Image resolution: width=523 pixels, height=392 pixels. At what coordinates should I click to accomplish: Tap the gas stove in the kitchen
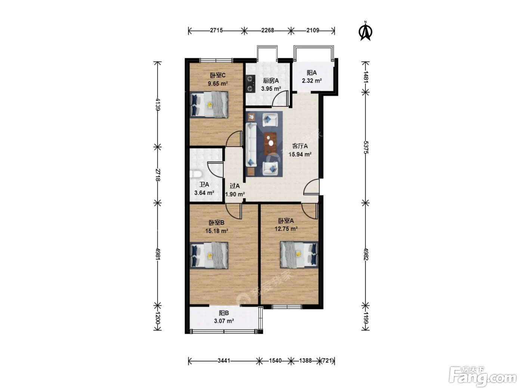[x=250, y=84]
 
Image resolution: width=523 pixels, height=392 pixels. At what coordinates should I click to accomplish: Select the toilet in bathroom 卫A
[x=196, y=174]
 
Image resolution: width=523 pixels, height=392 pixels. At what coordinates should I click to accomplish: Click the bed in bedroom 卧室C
[x=209, y=105]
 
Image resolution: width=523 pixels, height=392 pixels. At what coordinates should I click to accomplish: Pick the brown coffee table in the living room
[x=270, y=143]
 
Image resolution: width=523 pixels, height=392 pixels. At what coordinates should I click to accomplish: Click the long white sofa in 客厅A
[x=251, y=145]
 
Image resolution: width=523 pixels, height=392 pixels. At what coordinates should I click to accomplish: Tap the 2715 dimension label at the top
[x=216, y=31]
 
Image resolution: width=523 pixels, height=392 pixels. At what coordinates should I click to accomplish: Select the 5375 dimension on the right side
[x=366, y=147]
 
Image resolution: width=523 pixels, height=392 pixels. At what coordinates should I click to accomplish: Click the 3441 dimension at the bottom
[x=224, y=361]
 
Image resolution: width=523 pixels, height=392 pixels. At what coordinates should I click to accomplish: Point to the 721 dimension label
[x=327, y=361]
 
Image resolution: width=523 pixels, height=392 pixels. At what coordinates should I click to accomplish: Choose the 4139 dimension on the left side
[x=157, y=104]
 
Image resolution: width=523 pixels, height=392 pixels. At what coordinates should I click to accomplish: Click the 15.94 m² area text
[x=300, y=154]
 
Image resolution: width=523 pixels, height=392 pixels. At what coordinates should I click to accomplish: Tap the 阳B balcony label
[x=224, y=313]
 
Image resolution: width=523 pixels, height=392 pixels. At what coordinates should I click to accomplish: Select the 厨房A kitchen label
[x=271, y=81]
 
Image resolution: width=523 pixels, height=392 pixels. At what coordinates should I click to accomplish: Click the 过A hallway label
[x=235, y=186]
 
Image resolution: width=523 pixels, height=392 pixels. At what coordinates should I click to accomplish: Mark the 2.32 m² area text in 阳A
[x=312, y=81]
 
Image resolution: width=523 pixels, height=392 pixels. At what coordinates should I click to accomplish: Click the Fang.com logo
[x=482, y=377]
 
